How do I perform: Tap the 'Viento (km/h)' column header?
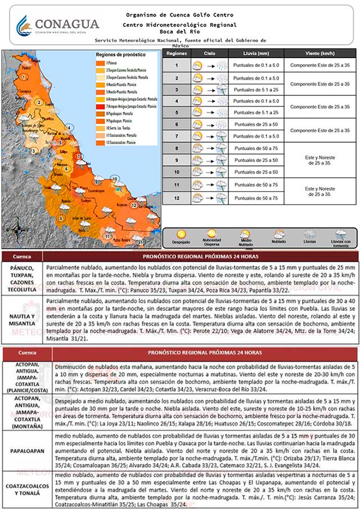click(319, 53)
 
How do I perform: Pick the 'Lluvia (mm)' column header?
click(256, 53)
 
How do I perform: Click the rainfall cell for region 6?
click(256, 124)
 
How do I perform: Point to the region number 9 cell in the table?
click(176, 160)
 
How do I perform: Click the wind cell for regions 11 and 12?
click(319, 191)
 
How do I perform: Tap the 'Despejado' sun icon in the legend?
click(182, 235)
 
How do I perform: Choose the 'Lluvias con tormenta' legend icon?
click(340, 234)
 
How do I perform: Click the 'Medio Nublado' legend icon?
click(246, 234)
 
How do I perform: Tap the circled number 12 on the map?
click(133, 205)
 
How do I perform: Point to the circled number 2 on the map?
click(39, 102)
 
